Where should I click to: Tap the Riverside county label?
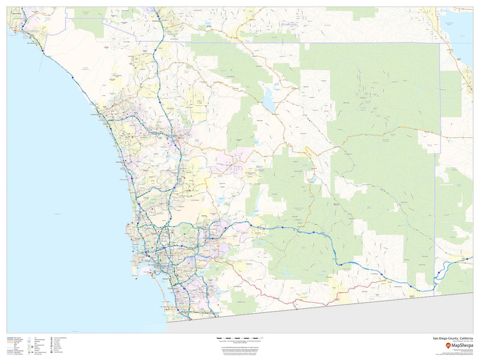point(289,25)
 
